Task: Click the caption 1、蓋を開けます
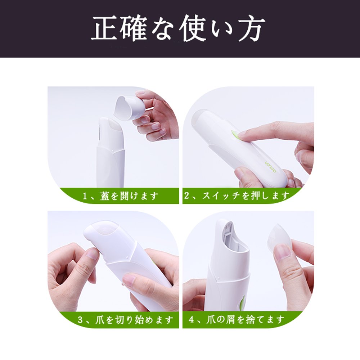tap(121, 196)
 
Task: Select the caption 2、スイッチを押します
tap(237, 196)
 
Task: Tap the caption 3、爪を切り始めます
tap(126, 320)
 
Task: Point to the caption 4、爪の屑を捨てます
tap(237, 319)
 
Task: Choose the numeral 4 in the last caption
tap(191, 320)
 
